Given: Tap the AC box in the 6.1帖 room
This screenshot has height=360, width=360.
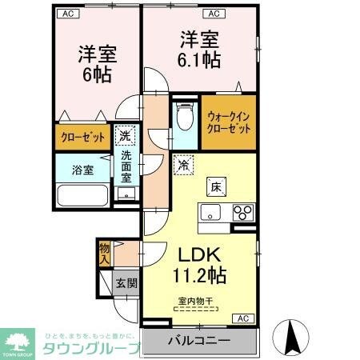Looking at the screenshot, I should point(214,14).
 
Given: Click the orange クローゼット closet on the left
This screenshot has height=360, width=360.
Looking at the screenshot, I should point(83,138).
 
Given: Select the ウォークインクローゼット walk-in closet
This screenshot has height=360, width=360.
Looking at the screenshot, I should point(228,122).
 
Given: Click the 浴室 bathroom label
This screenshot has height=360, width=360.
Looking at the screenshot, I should point(82,170).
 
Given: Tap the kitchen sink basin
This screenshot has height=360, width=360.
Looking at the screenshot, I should point(210,212).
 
